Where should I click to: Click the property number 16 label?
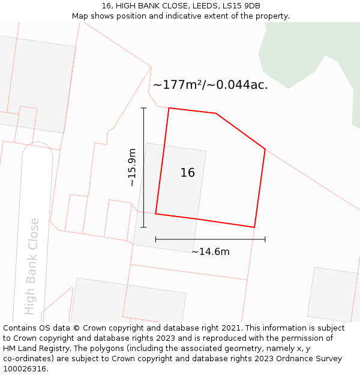click(188, 173)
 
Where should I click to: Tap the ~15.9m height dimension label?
click(132, 167)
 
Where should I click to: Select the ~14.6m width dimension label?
click(210, 252)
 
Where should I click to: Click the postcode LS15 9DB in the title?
click(240, 6)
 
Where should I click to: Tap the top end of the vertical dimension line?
click(143, 108)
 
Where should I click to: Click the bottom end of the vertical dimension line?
click(143, 227)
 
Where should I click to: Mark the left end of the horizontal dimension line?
click(156, 239)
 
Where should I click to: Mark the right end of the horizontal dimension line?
click(265, 239)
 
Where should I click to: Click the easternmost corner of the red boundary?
click(265, 149)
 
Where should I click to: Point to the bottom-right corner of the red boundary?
click(254, 227)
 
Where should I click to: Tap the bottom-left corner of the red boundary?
click(156, 214)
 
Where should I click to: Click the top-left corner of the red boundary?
click(169, 108)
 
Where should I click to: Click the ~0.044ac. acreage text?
click(238, 85)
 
